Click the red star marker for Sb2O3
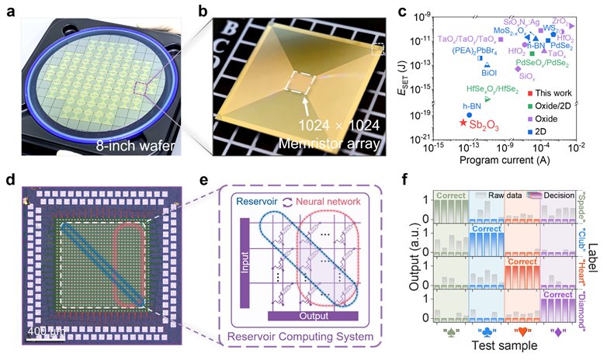(463, 123)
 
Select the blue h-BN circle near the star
(469, 114)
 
